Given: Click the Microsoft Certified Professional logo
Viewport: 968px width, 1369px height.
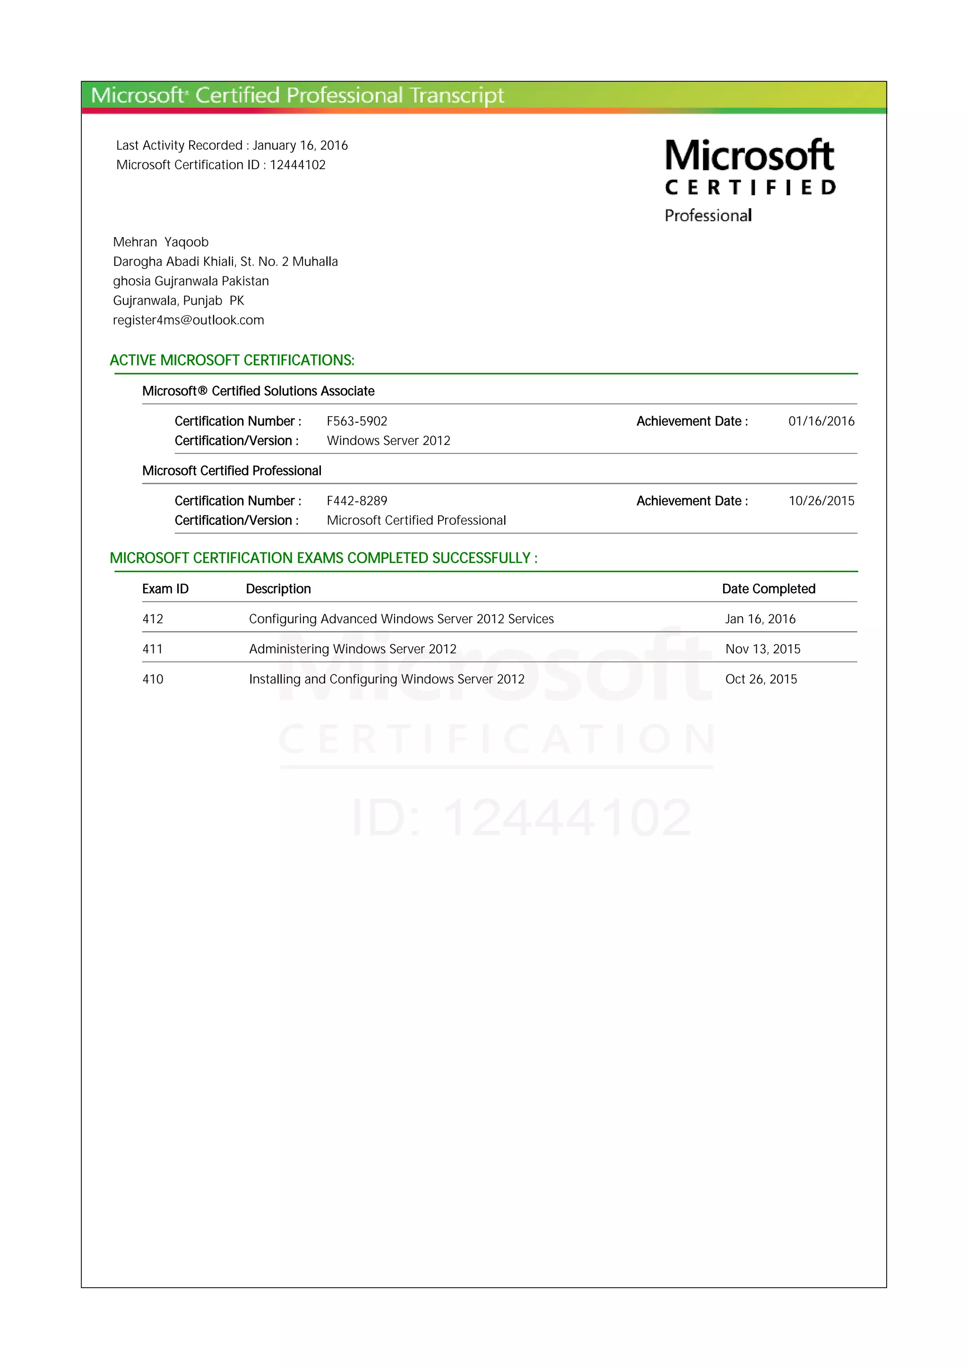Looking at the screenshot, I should (x=750, y=180).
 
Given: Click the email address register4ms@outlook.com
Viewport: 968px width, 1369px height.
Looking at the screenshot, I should (x=189, y=320).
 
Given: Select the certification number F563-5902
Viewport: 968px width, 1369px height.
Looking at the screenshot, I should (x=357, y=421).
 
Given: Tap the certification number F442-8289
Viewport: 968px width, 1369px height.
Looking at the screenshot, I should (x=357, y=501).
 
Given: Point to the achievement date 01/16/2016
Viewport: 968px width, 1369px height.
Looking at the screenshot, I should (x=821, y=421).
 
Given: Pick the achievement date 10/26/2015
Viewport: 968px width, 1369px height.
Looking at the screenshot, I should (x=821, y=501).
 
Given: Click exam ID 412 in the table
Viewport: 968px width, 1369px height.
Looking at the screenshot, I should (x=153, y=619).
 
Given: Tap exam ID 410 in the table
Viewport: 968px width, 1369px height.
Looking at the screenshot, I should (x=153, y=679).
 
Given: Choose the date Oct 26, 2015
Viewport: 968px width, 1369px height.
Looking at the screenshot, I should (x=761, y=679).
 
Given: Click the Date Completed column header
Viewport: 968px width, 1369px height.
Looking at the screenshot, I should (x=768, y=589).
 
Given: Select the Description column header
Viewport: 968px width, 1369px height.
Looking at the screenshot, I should (x=278, y=589).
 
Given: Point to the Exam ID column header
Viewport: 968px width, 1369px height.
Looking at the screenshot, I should (x=165, y=589).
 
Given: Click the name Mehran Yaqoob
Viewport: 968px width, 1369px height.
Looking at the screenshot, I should (x=161, y=242).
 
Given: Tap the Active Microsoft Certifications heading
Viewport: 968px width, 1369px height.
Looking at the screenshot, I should (x=232, y=360).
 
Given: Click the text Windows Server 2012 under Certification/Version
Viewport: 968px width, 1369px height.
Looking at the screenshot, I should (x=388, y=441).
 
